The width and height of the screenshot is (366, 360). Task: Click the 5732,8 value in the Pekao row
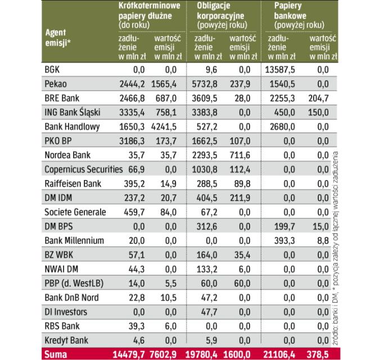pyautogui.click(x=204, y=83)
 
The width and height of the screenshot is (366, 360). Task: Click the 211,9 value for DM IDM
pyautogui.click(x=240, y=197)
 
